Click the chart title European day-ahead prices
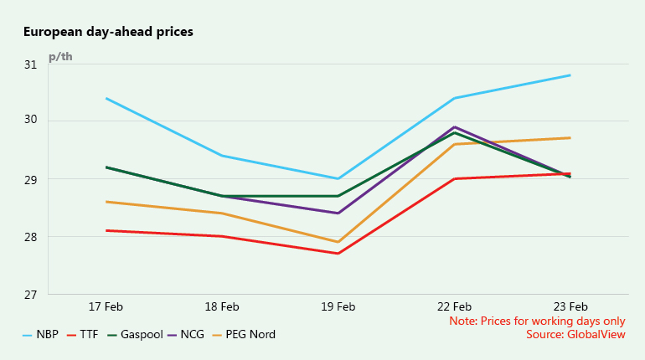pos(108,33)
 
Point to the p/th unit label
pos(60,56)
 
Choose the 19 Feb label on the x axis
pos(338,307)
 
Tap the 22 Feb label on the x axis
pos(453,307)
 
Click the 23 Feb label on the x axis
pos(570,307)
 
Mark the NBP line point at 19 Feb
pos(338,178)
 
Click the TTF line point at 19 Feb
pos(338,254)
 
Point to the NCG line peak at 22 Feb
pos(454,127)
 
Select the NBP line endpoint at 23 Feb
pos(570,75)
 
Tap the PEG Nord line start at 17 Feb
pos(106,202)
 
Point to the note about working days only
pos(537,321)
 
